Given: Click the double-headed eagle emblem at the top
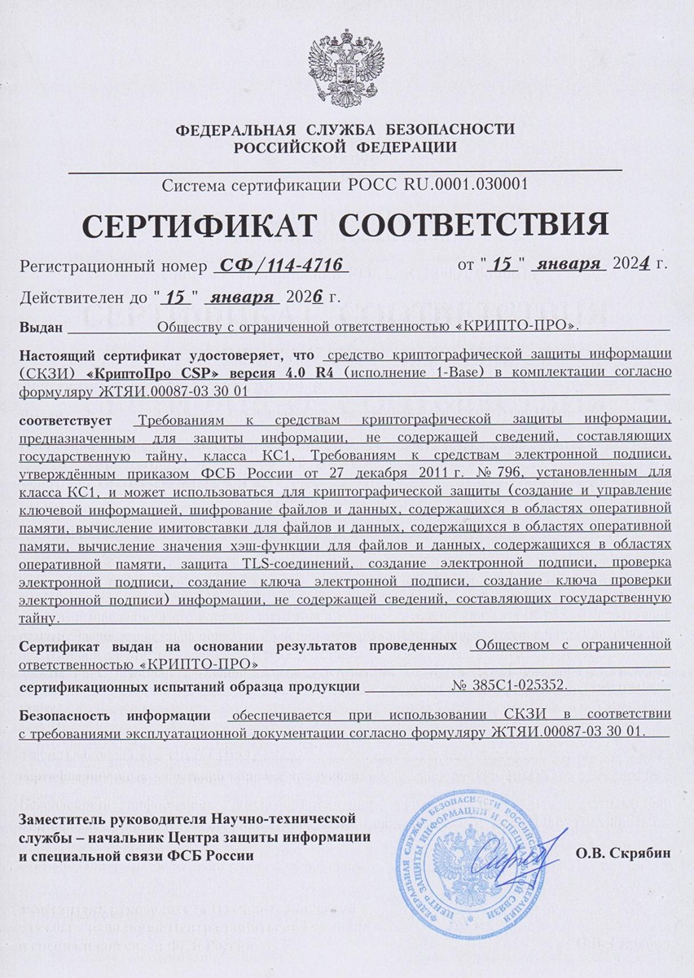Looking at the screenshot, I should (345, 66).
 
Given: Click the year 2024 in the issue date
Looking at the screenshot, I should (632, 265).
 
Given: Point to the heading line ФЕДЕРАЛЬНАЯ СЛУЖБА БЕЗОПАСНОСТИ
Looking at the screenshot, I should (345, 130).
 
